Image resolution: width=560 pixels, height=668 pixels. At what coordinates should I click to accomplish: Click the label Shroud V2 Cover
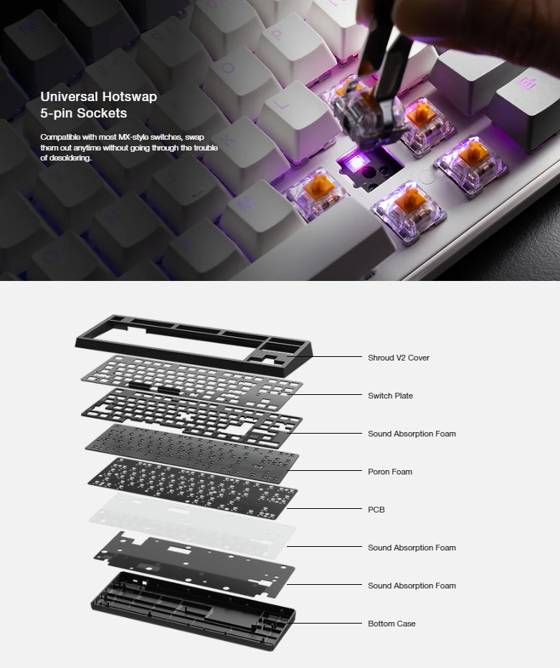398,358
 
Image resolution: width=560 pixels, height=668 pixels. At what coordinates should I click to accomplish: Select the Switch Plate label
390,396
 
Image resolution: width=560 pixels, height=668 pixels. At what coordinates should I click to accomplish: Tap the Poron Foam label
389,472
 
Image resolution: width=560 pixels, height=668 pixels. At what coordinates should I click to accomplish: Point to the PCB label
376,510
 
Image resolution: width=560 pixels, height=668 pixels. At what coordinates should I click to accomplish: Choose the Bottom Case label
391,624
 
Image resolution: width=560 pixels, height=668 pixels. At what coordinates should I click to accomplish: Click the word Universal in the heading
70,97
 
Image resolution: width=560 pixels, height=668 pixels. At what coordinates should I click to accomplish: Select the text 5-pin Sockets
83,113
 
